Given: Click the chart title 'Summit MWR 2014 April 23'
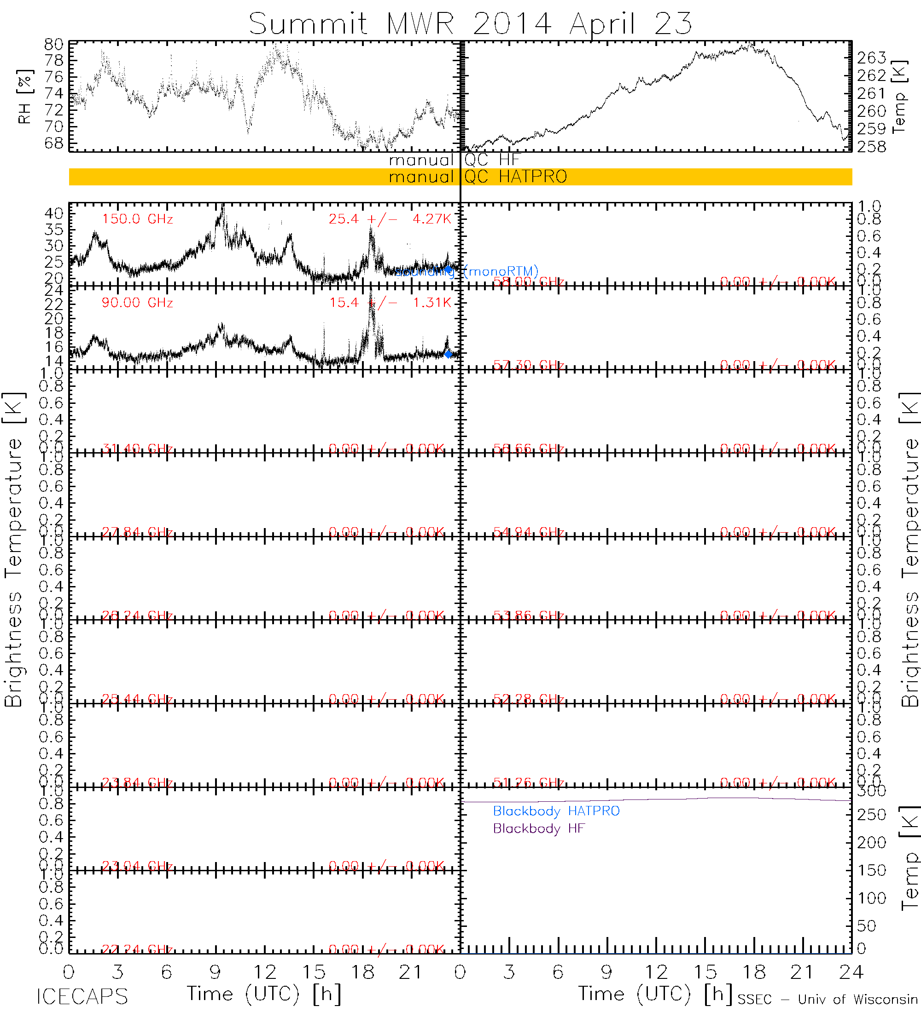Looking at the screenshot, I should (470, 23).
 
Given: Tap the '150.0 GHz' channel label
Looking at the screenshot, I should (137, 219).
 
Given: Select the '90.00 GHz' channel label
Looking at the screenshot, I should (137, 303).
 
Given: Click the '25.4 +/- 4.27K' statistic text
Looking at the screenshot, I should (390, 219).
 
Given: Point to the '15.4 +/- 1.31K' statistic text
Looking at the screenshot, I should (390, 303).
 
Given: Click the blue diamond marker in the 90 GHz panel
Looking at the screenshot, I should (448, 354).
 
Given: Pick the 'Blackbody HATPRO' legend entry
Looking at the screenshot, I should (556, 811).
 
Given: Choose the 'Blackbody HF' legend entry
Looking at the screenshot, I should (539, 828).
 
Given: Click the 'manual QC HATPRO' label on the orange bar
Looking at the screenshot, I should (478, 177).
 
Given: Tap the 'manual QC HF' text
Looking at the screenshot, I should (454, 160).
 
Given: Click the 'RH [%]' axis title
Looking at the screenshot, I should (24, 97).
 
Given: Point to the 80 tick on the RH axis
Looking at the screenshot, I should (54, 44).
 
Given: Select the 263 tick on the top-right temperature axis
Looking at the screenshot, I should (872, 58).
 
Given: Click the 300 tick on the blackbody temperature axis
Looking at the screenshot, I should (872, 791).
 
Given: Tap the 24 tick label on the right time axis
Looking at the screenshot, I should (851, 972).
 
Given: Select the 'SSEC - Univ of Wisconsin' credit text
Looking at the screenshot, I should (828, 1000).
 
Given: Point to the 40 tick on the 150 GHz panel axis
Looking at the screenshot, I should (54, 214).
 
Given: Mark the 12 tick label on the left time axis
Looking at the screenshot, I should (265, 972).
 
